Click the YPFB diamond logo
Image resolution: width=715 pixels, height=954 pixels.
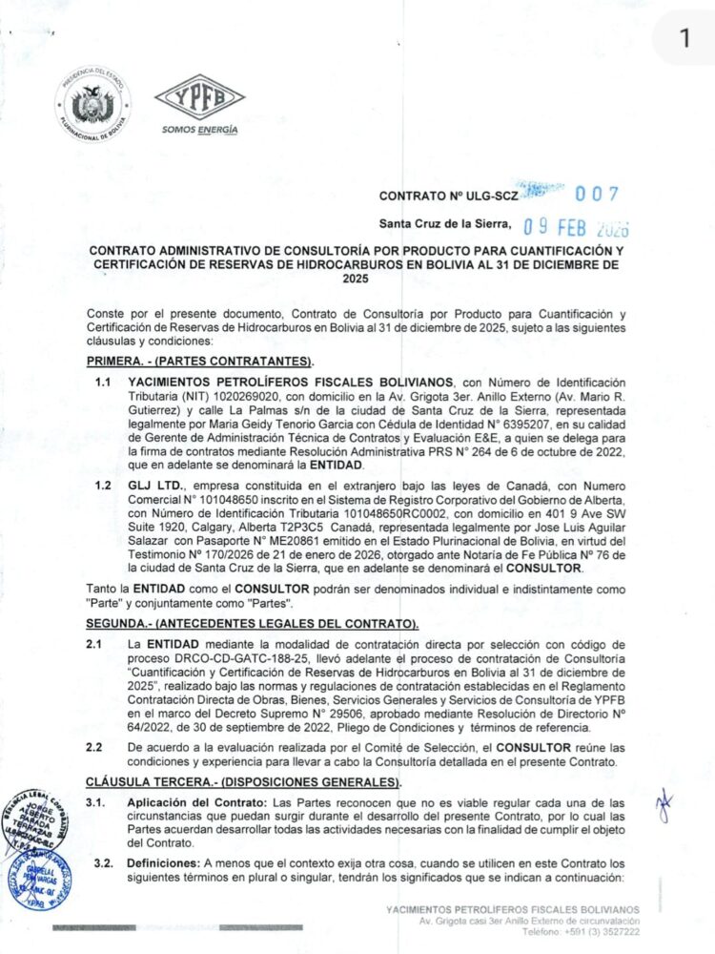click(x=199, y=96)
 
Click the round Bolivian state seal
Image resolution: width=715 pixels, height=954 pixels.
click(x=92, y=104)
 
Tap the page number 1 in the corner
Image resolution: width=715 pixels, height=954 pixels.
click(x=684, y=38)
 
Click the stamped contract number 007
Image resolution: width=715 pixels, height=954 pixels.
click(x=600, y=194)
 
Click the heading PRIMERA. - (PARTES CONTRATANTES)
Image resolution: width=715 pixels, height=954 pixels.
click(x=200, y=363)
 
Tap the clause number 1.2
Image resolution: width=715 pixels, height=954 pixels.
click(x=103, y=486)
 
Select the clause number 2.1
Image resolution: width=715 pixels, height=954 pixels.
click(x=94, y=646)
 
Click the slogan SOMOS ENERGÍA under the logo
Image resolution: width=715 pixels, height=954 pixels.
click(x=199, y=131)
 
